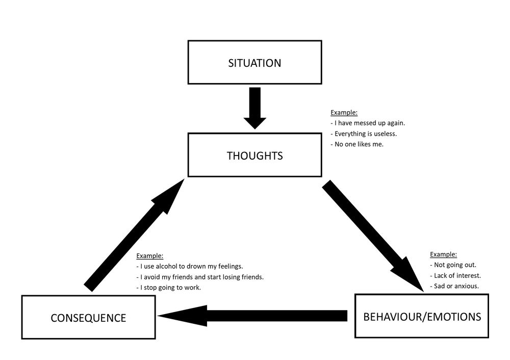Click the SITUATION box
pyautogui.click(x=254, y=63)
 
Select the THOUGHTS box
pyautogui.click(x=254, y=156)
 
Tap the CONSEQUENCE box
pyautogui.click(x=88, y=318)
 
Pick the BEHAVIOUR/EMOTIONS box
pyautogui.click(x=422, y=316)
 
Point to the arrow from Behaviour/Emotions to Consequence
pyautogui.click(x=252, y=316)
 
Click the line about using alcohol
pyautogui.click(x=190, y=266)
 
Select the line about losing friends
pyautogui.click(x=200, y=277)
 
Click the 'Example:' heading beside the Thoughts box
pyautogui.click(x=344, y=112)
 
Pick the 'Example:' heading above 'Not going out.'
pyautogui.click(x=444, y=254)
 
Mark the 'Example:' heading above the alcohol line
pyautogui.click(x=150, y=255)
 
